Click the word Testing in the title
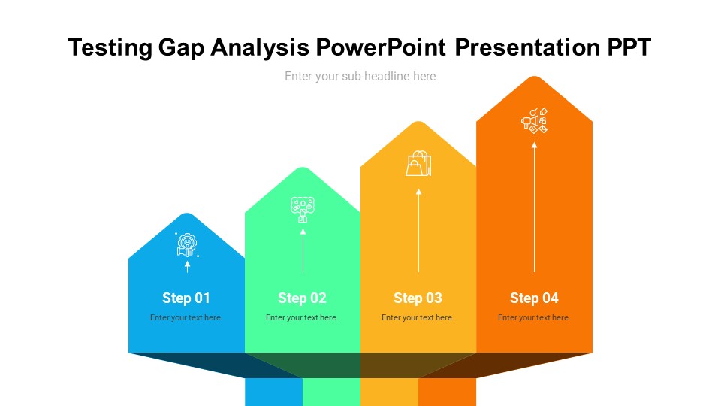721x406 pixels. pyautogui.click(x=110, y=48)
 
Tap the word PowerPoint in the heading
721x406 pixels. pyautogui.click(x=382, y=48)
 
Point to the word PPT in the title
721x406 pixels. pyautogui.click(x=629, y=48)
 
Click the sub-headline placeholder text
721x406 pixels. pyautogui.click(x=360, y=76)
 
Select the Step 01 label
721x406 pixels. pyautogui.click(x=186, y=298)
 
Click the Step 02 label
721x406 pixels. pyautogui.click(x=302, y=298)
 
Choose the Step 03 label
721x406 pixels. pyautogui.click(x=418, y=298)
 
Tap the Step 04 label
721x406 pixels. pyautogui.click(x=534, y=298)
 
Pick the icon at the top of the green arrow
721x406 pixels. pyautogui.click(x=303, y=209)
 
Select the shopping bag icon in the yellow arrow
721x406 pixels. pyautogui.click(x=418, y=163)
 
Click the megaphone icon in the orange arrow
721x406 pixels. pyautogui.click(x=534, y=121)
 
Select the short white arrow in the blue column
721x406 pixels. pyautogui.click(x=187, y=265)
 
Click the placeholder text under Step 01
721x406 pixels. pyautogui.click(x=186, y=317)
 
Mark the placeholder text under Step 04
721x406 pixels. pyautogui.click(x=534, y=317)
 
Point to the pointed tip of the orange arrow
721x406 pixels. pyautogui.click(x=534, y=77)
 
